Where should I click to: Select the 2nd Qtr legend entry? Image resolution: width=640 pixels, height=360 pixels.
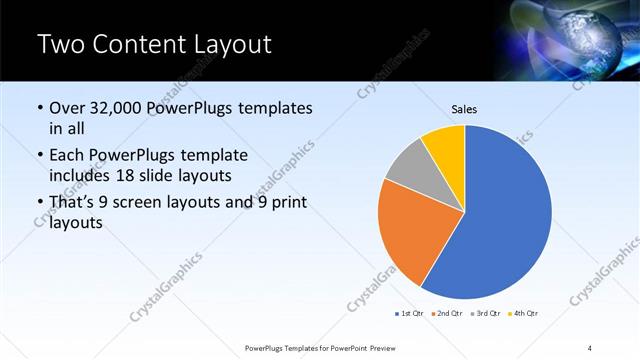coord(446,314)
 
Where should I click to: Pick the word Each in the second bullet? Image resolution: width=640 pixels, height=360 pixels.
coord(66,155)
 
